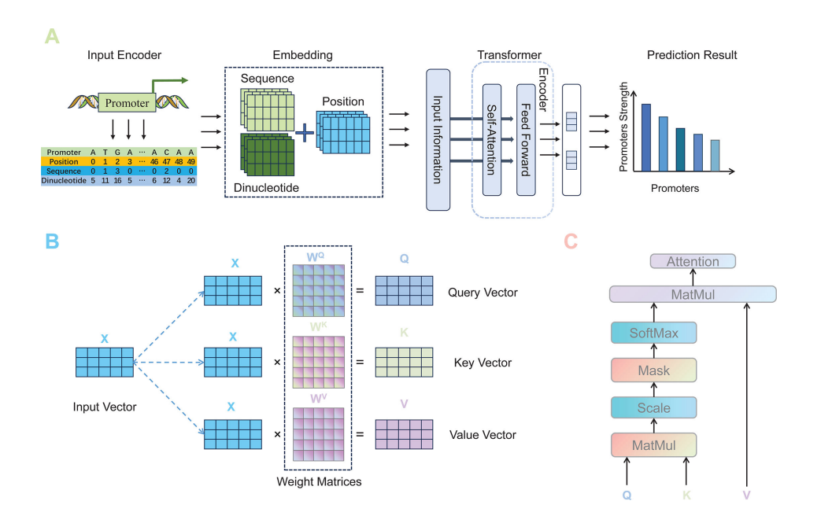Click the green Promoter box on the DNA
coord(127,102)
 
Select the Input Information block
coord(438,140)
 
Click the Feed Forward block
coord(526,139)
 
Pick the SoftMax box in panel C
coord(653,333)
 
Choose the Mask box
coord(653,370)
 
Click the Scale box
coord(653,408)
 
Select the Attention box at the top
coord(693,262)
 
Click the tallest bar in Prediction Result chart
coord(646,138)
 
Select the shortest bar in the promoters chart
coord(715,156)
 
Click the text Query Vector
coord(483,293)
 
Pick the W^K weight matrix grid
coord(319,362)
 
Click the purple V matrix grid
coord(404,435)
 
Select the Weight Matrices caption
coord(319,481)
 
